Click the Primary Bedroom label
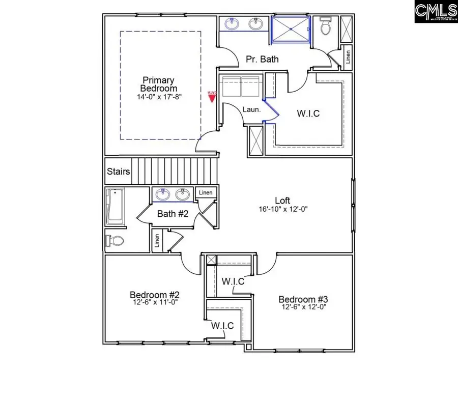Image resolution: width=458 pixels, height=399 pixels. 158,84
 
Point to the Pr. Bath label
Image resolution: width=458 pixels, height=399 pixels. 262,59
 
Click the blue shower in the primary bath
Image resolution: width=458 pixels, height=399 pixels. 290,27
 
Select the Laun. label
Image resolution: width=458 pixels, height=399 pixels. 251,109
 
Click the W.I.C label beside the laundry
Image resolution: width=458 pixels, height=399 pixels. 308,113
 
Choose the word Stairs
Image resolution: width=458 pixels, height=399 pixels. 119,172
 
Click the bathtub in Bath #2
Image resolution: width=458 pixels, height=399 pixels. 115,207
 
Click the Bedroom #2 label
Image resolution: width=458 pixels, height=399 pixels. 154,295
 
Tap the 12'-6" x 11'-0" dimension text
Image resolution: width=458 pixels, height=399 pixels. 154,302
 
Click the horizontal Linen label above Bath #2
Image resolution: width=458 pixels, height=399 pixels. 206,192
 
